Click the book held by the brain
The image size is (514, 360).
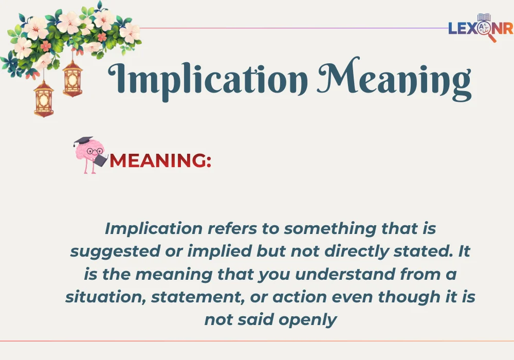click(x=101, y=160)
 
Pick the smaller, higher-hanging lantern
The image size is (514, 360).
click(x=72, y=78)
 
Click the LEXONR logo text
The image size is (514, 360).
click(x=480, y=29)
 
